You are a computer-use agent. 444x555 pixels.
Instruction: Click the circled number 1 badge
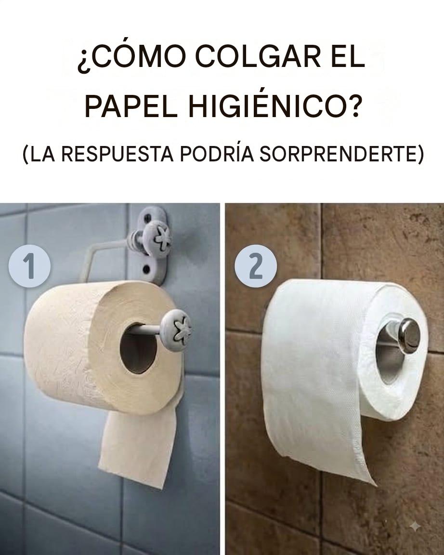30,266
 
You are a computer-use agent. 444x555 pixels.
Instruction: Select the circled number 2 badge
256,265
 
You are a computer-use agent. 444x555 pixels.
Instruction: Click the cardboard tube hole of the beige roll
138,347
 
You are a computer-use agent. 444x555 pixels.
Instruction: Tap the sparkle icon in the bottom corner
415,527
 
